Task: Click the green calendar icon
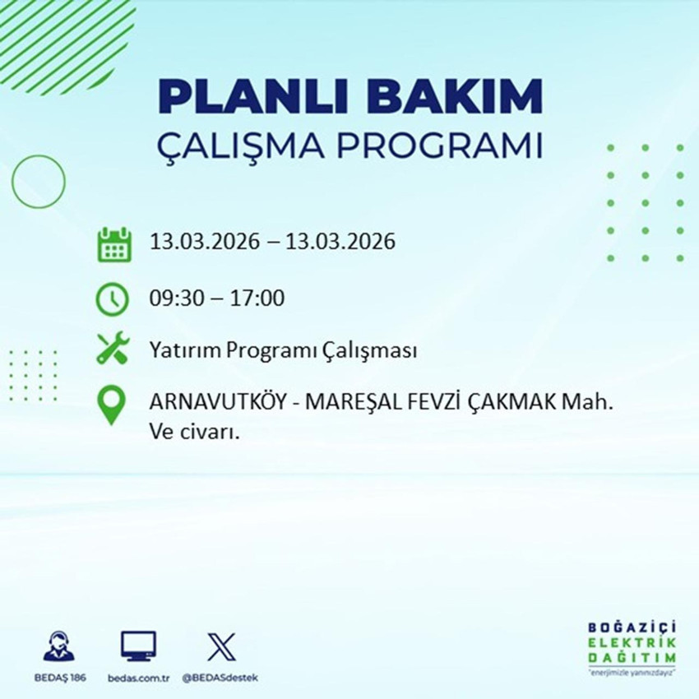pos(114,243)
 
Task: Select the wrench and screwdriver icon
pos(113,349)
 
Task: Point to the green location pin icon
pos(112,406)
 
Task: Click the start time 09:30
pos(174,298)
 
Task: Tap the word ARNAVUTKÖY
pos(208,405)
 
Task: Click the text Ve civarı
pos(194,432)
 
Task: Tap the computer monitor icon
pos(138,646)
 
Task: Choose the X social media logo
pos(220,646)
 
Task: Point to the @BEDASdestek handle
pos(220,677)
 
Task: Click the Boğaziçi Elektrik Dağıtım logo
pos(632,647)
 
